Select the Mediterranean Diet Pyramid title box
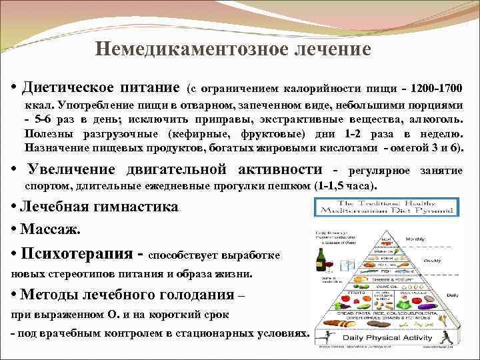click(385, 205)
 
